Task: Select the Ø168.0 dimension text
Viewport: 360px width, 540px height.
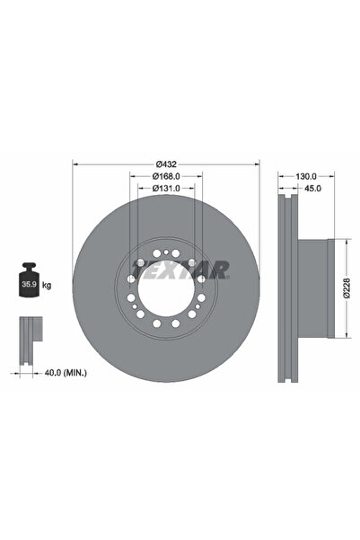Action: tap(165, 176)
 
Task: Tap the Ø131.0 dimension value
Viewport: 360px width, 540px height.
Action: tap(165, 188)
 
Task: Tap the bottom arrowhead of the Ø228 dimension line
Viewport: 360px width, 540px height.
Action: tap(341, 337)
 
